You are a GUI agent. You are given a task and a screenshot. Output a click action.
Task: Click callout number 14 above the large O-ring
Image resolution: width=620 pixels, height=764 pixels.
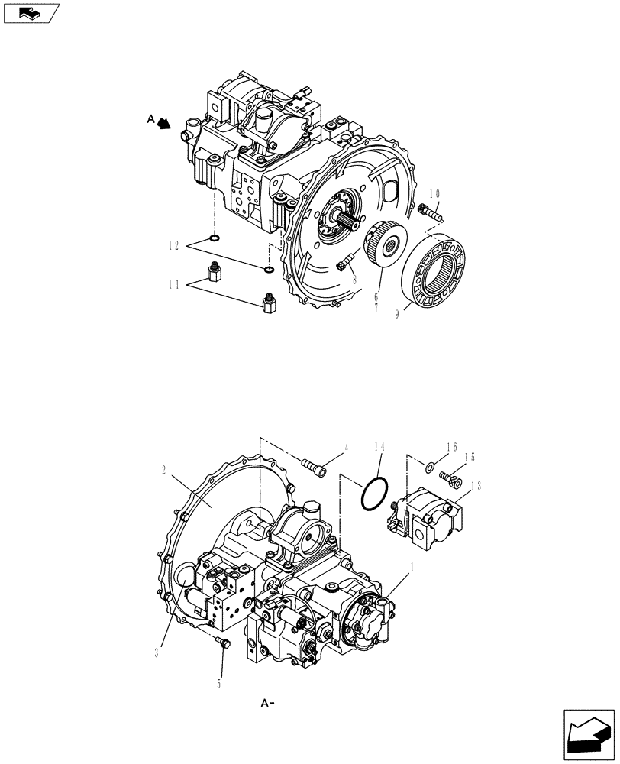[x=379, y=446]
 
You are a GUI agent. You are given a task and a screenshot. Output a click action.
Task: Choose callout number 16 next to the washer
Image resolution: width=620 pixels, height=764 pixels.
[x=452, y=446]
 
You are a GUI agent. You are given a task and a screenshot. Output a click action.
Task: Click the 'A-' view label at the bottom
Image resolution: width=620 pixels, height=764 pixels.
[x=267, y=702]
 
